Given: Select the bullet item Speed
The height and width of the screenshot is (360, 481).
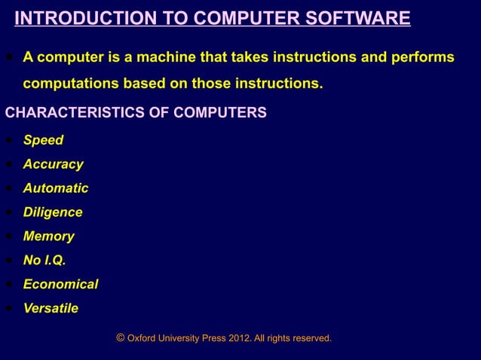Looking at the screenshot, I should pos(43,140).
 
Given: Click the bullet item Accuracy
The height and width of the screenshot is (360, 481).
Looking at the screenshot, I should pos(53,164).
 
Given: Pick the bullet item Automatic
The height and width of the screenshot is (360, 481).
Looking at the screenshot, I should pos(55,188).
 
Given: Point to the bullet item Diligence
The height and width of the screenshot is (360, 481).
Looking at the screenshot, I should pos(53,212).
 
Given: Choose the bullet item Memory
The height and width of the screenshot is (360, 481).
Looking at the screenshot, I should pos(48,236).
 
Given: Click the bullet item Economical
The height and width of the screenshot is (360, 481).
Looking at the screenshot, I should pos(60,285).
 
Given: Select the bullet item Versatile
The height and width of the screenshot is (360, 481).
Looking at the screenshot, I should pos(51,309).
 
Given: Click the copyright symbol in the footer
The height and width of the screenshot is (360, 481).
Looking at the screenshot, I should pos(121,338).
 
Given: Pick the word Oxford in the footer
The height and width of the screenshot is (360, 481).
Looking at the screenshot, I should pos(143,339).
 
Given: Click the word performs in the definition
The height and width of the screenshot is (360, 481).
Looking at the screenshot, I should pos(424,58).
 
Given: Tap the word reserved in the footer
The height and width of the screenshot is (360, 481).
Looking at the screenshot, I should pos(311,339).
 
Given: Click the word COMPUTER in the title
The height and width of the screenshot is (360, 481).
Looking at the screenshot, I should pos(245,18).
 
